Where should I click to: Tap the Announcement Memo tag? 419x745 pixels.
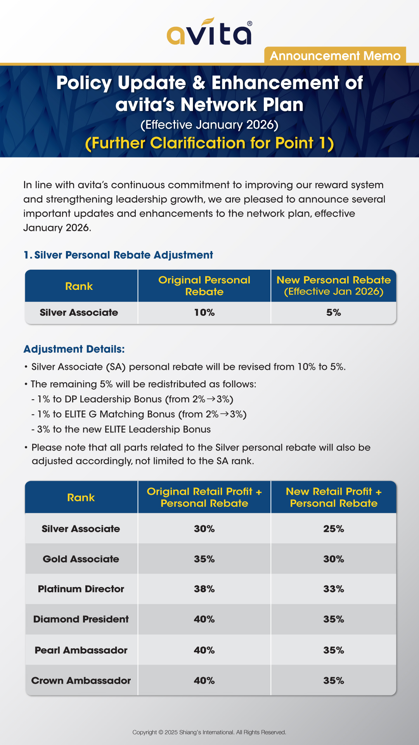pyautogui.click(x=335, y=56)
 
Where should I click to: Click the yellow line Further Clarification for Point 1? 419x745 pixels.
pyautogui.click(x=209, y=143)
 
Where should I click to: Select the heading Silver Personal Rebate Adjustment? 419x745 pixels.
pyautogui.click(x=118, y=255)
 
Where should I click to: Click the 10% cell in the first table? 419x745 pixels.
pyautogui.click(x=204, y=313)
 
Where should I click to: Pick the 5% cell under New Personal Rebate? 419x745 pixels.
pyautogui.click(x=334, y=313)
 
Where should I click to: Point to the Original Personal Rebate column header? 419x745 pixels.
pyautogui.click(x=204, y=286)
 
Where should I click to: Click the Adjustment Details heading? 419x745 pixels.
pyautogui.click(x=74, y=349)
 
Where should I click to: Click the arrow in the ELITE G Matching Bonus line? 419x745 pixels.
pyautogui.click(x=225, y=414)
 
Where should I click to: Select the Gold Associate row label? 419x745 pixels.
pyautogui.click(x=81, y=559)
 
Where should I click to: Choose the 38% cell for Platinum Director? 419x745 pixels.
pyautogui.click(x=204, y=589)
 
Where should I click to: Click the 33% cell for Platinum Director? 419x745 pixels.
pyautogui.click(x=334, y=589)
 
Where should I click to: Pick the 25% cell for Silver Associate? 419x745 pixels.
pyautogui.click(x=334, y=529)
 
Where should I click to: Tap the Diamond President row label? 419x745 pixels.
pyautogui.click(x=81, y=619)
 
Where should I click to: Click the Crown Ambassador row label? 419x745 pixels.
pyautogui.click(x=81, y=681)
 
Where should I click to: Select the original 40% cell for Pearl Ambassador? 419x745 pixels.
pyautogui.click(x=204, y=650)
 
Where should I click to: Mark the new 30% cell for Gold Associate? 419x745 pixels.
pyautogui.click(x=334, y=559)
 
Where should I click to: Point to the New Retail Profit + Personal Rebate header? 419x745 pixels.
pyautogui.click(x=334, y=497)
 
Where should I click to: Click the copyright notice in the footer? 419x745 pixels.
pyautogui.click(x=209, y=732)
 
